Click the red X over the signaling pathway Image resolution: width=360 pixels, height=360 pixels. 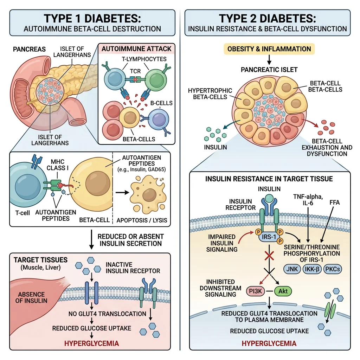(269, 256)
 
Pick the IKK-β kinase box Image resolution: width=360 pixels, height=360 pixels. (313, 269)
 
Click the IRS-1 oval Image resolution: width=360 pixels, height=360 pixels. (269, 237)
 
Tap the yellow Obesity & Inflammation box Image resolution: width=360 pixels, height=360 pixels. (269, 49)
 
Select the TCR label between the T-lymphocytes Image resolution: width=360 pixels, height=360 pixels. (135, 71)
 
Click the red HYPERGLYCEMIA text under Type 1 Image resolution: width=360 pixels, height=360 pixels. (92, 343)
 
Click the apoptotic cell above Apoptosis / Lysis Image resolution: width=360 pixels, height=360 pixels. (148, 192)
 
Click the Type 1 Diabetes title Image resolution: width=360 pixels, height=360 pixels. (92, 18)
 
